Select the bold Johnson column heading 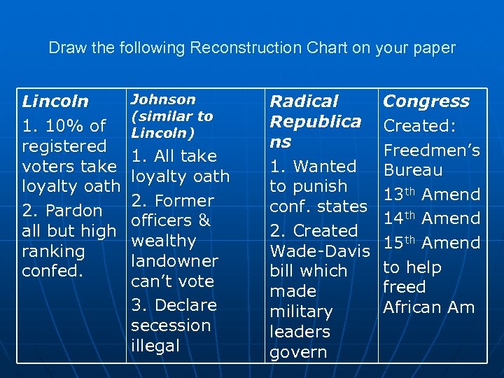point(163,100)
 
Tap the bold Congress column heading point(426,101)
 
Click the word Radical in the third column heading point(304,101)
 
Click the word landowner point(175,261)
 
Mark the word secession point(171,325)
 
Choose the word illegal point(155,346)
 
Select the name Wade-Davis point(319,251)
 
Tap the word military point(301,312)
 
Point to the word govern point(298,352)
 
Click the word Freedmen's point(430,150)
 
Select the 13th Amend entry point(430,195)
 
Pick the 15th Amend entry point(430,244)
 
